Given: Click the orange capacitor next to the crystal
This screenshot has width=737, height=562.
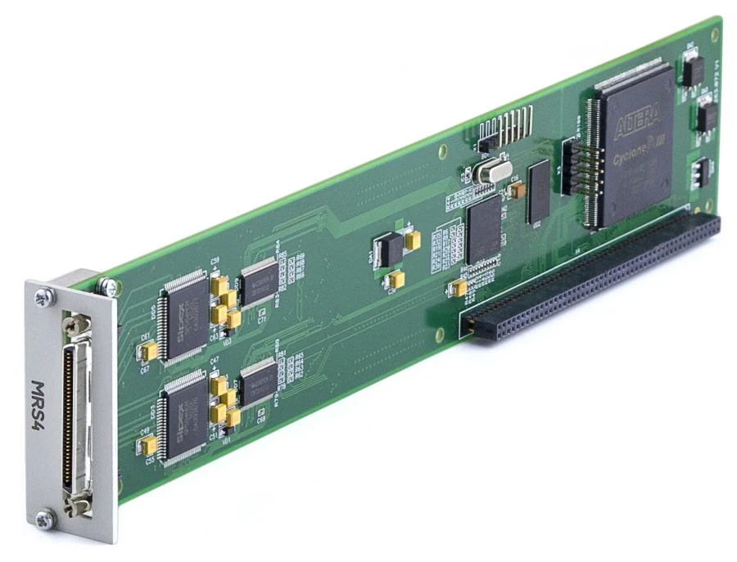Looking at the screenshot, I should coord(518,190).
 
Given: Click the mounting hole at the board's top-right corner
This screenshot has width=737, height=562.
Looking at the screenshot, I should coord(714,34).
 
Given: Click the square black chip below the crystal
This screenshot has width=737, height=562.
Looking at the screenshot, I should coord(484,229).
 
